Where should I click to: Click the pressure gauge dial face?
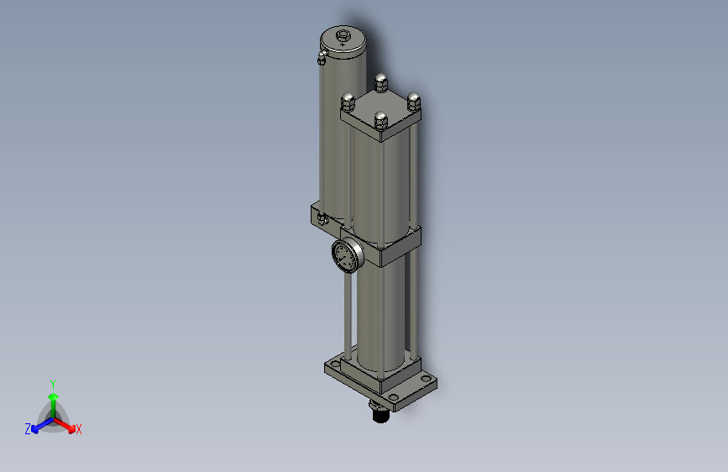[344, 255]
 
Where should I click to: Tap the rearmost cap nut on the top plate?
[380, 82]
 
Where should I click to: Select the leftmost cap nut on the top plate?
[348, 102]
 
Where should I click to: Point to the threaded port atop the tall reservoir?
[343, 36]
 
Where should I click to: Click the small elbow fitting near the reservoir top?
[321, 58]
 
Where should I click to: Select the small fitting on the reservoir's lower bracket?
[322, 219]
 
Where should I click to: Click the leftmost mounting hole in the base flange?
[335, 366]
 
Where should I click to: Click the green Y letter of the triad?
[52, 383]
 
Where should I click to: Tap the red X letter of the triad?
[79, 429]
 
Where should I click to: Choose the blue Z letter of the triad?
[28, 429]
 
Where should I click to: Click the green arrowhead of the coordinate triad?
[53, 396]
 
